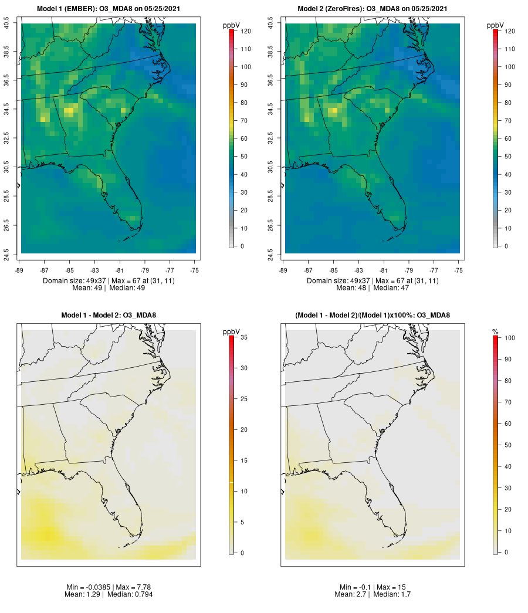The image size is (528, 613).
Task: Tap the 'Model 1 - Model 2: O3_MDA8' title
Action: (109, 316)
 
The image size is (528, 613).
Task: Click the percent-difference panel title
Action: (373, 316)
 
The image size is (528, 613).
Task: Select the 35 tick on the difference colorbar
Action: (243, 337)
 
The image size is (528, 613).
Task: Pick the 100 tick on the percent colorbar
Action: (509, 338)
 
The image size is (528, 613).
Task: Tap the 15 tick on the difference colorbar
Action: (243, 460)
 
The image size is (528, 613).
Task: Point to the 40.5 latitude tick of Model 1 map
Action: (6, 23)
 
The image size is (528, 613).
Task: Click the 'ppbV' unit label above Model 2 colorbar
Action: (496, 25)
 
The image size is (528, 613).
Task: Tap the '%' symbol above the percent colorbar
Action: (496, 332)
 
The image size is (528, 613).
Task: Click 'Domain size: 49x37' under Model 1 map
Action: (75, 281)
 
